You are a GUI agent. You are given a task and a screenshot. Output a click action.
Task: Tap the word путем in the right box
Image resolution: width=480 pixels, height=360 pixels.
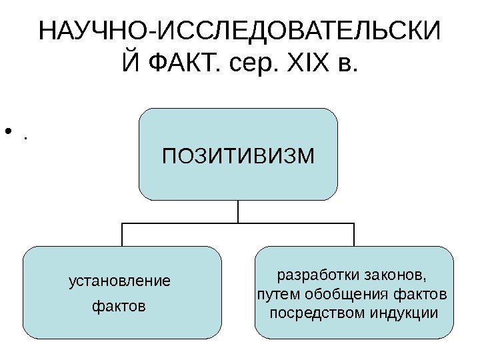pyautogui.click(x=273, y=294)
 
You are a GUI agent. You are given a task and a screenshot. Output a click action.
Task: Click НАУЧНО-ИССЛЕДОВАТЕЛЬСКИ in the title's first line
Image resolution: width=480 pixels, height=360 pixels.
pyautogui.click(x=240, y=31)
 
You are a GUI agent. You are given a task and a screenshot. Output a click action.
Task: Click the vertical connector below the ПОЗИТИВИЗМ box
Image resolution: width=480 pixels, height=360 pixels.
pyautogui.click(x=238, y=211)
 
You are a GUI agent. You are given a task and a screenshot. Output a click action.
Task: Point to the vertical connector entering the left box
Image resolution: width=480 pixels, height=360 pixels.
pyautogui.click(x=122, y=235)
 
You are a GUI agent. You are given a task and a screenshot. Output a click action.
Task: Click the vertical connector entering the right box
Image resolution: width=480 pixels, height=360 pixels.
pyautogui.click(x=354, y=235)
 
